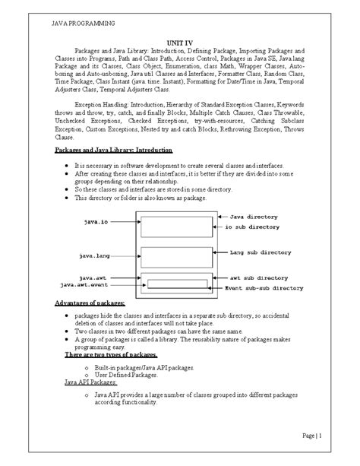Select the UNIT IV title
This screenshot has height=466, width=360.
click(179, 44)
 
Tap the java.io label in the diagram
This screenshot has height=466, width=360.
click(96, 223)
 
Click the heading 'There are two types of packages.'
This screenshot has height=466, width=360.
click(112, 355)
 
